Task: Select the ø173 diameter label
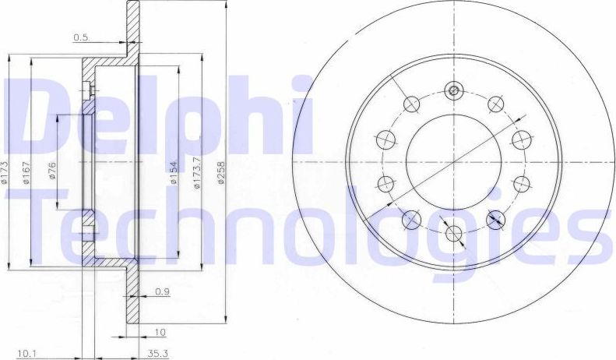pyautogui.click(x=5, y=171)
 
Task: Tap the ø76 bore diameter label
pyautogui.click(x=51, y=171)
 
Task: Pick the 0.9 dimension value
pyautogui.click(x=163, y=291)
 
